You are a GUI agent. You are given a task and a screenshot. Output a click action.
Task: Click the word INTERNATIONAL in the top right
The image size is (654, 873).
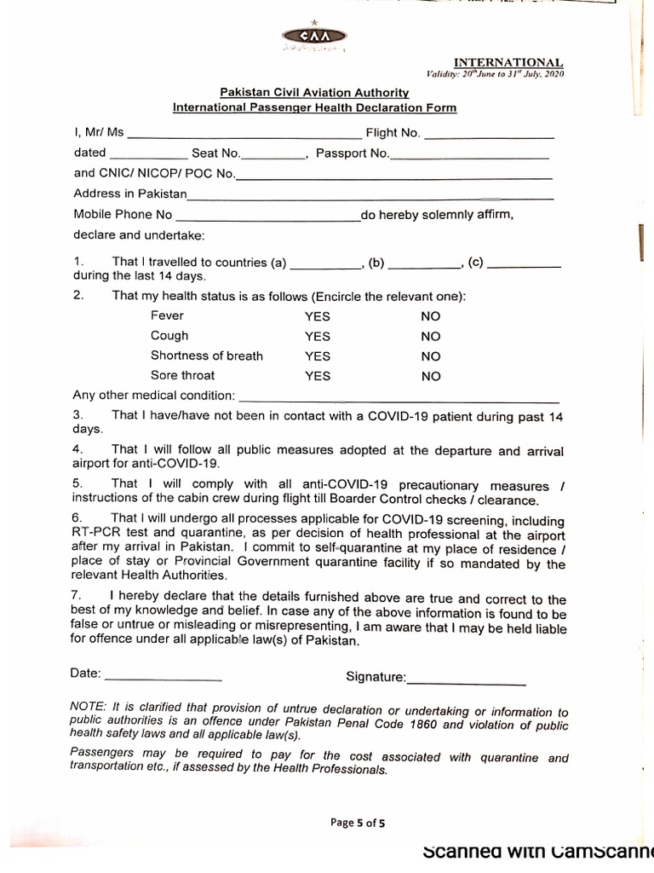[508, 62]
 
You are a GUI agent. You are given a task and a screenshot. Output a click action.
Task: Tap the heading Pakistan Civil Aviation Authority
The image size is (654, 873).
[315, 92]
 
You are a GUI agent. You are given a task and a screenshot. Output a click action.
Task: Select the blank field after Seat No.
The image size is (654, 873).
[273, 156]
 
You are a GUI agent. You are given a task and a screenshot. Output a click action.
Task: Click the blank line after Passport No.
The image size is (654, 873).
[469, 156]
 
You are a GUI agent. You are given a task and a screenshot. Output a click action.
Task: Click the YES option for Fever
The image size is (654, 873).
[317, 316]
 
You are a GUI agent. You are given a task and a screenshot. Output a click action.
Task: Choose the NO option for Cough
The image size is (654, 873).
[431, 337]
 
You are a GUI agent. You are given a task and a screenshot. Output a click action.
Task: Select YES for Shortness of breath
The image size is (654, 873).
[317, 356]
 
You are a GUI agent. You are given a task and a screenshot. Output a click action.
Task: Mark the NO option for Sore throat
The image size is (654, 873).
[431, 376]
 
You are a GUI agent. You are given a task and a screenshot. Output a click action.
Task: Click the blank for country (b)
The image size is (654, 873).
[423, 266]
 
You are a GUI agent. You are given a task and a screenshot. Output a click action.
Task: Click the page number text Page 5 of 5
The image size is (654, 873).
[358, 823]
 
